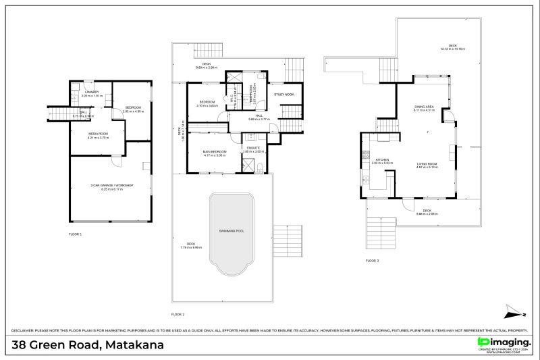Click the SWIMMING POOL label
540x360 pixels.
tap(231, 231)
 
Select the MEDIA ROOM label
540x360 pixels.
tap(99, 134)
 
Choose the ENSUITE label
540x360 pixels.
tap(253, 147)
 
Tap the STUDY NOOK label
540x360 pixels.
tap(284, 94)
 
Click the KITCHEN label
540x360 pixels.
tap(381, 159)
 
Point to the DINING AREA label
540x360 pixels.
tap(423, 107)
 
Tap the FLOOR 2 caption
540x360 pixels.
tap(178, 314)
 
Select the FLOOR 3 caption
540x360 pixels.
tap(372, 260)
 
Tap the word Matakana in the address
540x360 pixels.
tap(134, 345)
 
